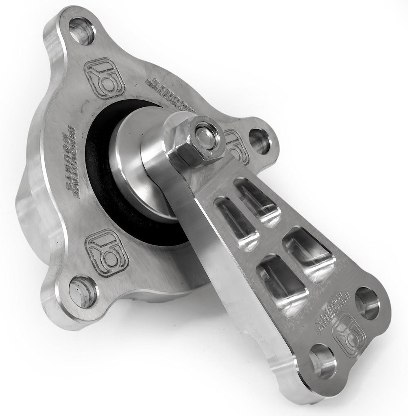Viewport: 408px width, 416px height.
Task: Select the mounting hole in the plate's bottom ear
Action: tap(83, 291)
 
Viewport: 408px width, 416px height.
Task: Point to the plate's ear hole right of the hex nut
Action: tap(259, 141)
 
